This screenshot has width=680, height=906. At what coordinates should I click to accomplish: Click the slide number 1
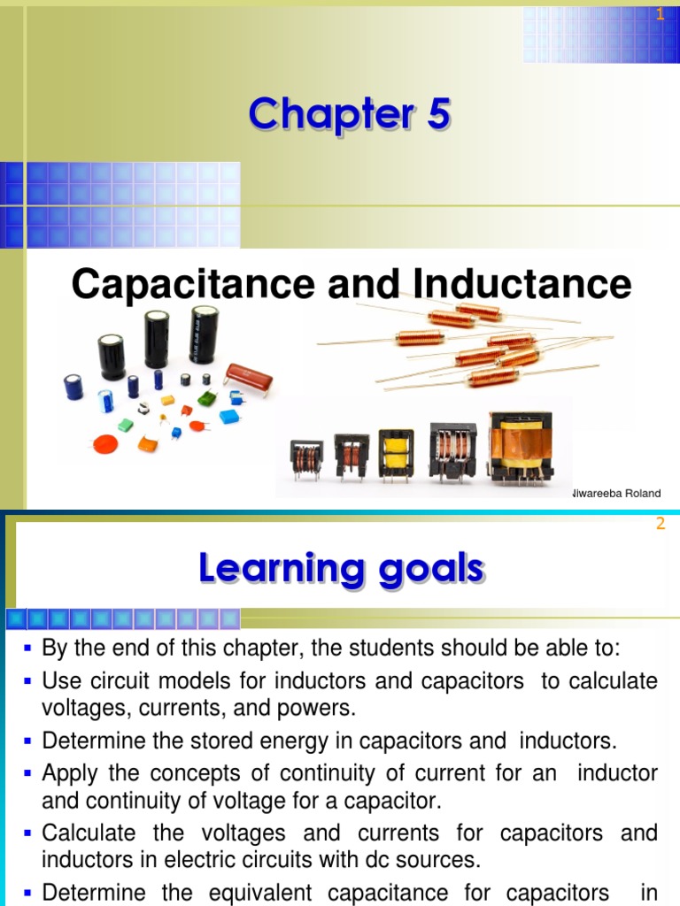point(660,13)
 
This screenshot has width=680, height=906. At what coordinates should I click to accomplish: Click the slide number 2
point(660,524)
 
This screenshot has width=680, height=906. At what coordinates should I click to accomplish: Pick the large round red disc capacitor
point(105,443)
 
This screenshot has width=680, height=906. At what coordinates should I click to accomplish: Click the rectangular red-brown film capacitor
point(248,379)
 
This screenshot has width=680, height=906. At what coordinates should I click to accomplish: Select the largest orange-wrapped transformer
point(522,447)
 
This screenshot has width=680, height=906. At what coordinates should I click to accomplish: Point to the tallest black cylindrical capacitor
point(205,334)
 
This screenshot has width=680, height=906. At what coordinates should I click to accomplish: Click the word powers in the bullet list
point(323,708)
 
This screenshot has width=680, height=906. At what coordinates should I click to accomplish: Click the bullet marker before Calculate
point(29,833)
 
